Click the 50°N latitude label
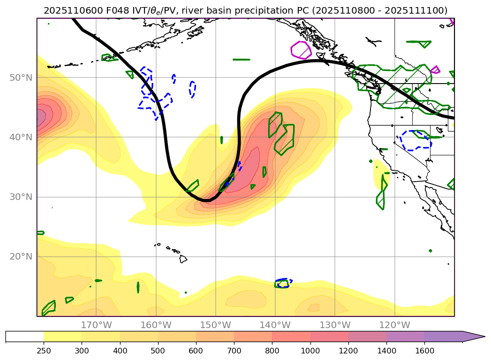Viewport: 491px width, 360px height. [x=21, y=77]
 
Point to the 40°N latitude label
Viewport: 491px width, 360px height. [x=21, y=137]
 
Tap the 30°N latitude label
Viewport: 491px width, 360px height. [x=21, y=197]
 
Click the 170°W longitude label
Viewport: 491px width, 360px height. [x=96, y=325]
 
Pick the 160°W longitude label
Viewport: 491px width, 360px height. [x=156, y=325]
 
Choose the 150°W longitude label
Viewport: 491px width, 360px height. [x=215, y=325]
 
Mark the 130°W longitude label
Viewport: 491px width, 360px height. [x=335, y=325]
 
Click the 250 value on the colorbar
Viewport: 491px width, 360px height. [x=44, y=350]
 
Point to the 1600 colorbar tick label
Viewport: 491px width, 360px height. [x=424, y=350]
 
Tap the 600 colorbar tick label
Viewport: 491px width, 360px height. [x=196, y=350]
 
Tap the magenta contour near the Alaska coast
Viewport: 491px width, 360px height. [x=301, y=50]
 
